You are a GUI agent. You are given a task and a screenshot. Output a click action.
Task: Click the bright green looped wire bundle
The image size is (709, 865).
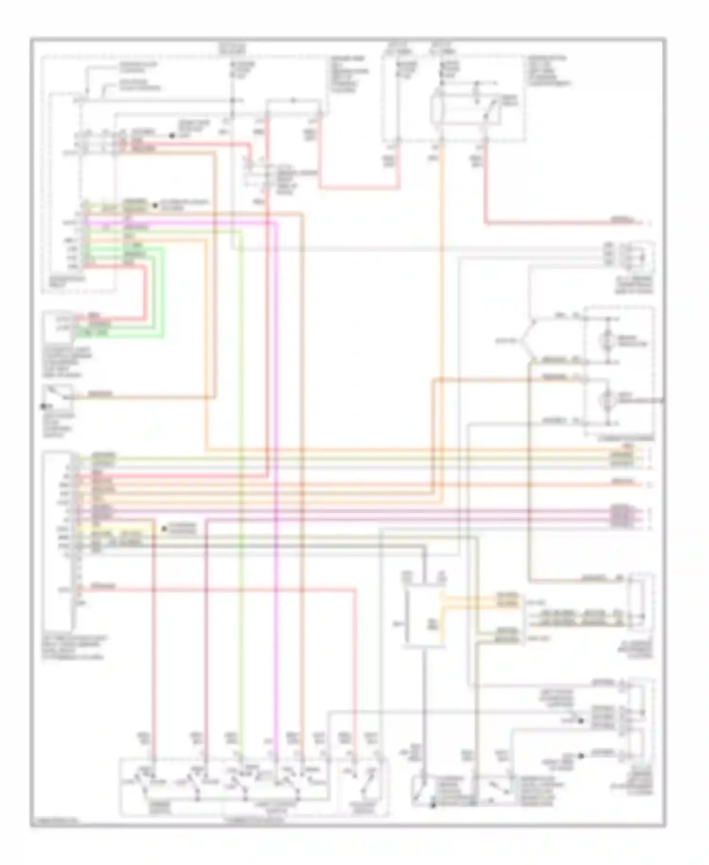tap(158, 293)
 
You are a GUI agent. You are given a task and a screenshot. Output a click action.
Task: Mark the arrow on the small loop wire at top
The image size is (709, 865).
tap(293, 100)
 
